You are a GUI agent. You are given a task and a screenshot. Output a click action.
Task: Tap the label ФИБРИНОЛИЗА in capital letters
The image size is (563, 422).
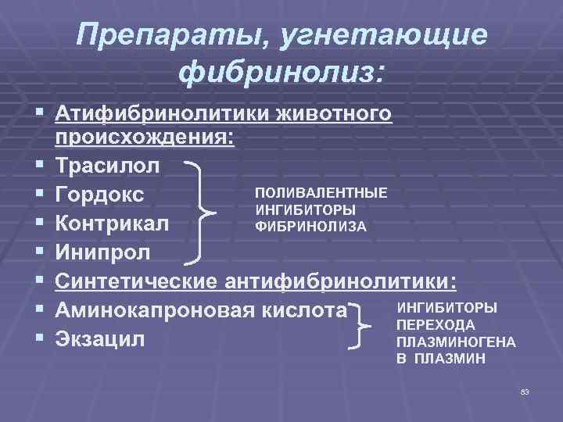[310, 227]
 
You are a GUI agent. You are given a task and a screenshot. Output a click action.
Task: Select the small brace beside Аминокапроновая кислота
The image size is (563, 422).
[363, 325]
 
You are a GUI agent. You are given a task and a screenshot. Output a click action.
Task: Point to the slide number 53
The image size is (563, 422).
[525, 390]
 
